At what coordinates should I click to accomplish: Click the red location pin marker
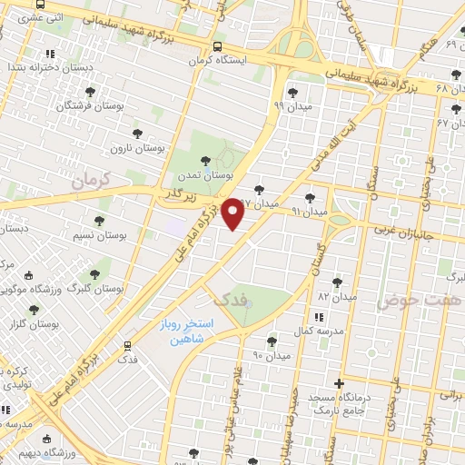233,213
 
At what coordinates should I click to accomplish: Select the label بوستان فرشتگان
91,106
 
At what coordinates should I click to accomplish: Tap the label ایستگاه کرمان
217,61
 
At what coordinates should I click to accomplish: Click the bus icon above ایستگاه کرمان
217,47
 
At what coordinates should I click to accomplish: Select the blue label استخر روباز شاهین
192,331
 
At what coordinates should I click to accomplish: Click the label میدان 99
292,105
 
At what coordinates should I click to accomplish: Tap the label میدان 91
309,211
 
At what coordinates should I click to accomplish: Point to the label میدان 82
336,297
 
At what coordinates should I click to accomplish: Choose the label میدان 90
272,355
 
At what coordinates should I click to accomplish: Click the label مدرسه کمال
318,331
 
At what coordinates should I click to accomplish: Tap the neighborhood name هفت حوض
409,300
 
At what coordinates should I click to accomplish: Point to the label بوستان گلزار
37,323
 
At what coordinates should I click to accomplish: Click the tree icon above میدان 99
292,91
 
